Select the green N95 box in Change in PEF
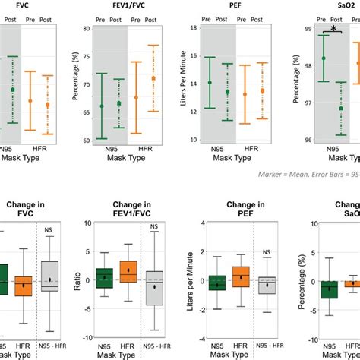click(218, 283)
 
